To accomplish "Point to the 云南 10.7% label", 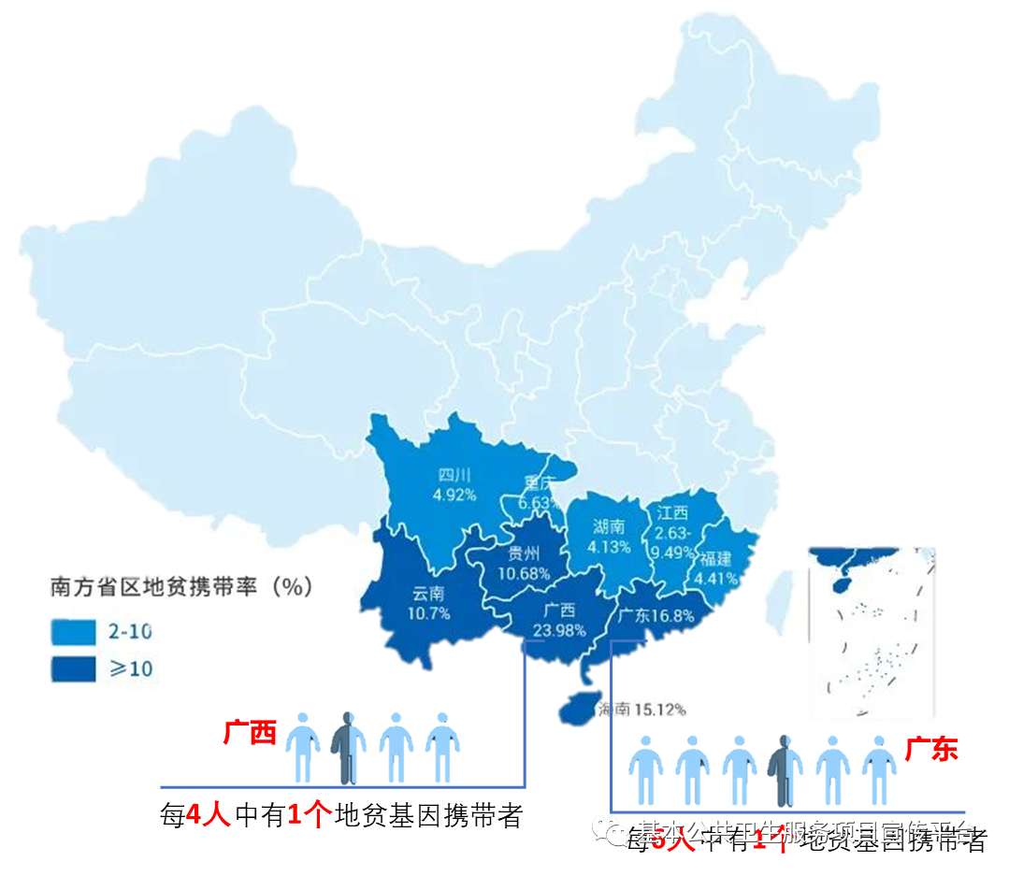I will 429,603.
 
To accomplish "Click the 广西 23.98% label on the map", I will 559,620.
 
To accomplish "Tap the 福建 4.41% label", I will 717,568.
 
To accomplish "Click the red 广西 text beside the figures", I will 250,732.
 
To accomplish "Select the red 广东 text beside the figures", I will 931,749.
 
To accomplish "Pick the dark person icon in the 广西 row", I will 346,746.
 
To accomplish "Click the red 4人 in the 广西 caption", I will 208,816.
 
